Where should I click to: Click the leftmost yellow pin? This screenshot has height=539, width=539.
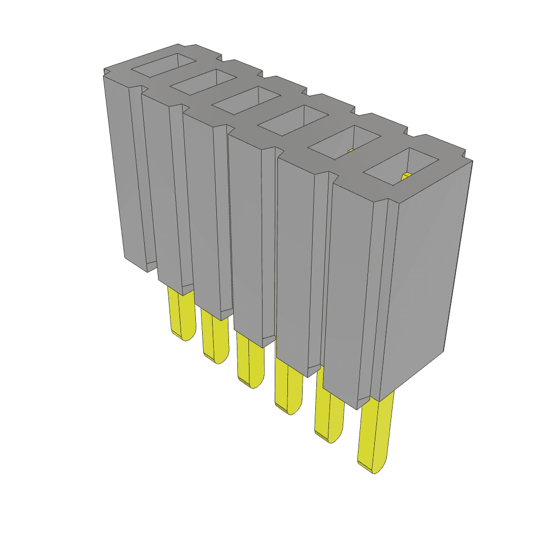click(179, 313)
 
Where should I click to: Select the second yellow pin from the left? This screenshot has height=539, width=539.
click(214, 337)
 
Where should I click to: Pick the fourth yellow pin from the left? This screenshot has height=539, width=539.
click(288, 387)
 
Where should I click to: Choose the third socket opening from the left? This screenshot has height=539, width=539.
click(245, 100)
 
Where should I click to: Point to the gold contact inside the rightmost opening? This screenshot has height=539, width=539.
click(406, 176)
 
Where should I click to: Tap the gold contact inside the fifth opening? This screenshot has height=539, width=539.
click(350, 152)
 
